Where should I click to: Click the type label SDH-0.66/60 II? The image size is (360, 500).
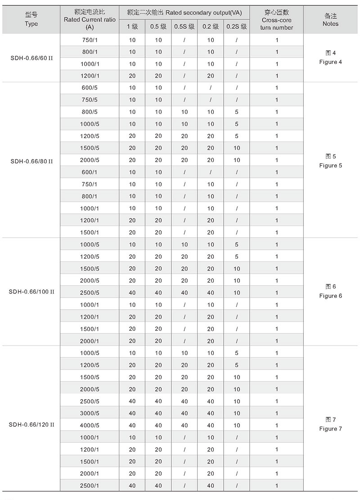[31, 58]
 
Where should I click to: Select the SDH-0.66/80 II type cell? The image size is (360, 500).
[31, 160]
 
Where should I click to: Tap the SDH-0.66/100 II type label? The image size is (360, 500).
[31, 291]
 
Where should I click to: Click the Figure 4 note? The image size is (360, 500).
[331, 58]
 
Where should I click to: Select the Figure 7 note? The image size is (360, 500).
[331, 424]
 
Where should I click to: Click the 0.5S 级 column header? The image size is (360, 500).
[184, 27]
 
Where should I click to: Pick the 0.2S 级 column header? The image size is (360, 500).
[237, 27]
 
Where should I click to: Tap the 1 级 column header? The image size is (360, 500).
[132, 27]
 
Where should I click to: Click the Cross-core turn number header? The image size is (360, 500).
[276, 20]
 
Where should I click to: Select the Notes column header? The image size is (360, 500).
[331, 20]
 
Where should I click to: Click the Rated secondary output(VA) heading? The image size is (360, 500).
[184, 13]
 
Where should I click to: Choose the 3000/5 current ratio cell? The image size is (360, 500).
[89, 413]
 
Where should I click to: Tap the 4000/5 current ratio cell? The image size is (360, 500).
[89, 425]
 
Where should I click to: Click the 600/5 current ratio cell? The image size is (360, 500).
[89, 88]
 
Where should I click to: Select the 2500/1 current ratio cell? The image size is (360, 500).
[89, 486]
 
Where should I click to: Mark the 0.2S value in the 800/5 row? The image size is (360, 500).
[237, 112]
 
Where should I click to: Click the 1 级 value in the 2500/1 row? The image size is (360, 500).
[132, 486]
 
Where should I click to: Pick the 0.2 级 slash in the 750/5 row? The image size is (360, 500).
[211, 100]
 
